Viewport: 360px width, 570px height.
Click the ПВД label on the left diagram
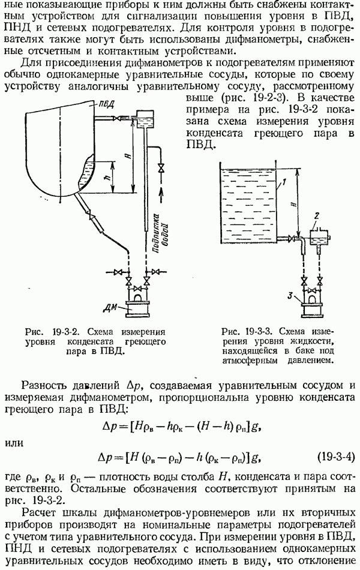point(107,104)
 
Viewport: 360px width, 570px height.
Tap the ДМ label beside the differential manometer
point(110,308)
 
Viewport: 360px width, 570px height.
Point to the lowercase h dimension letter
point(106,178)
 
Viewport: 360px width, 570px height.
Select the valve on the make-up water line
point(161,169)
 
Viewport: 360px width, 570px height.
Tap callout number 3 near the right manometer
point(290,296)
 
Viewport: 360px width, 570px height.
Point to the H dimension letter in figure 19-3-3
point(294,204)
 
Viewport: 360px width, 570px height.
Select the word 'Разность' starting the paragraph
point(44,385)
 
